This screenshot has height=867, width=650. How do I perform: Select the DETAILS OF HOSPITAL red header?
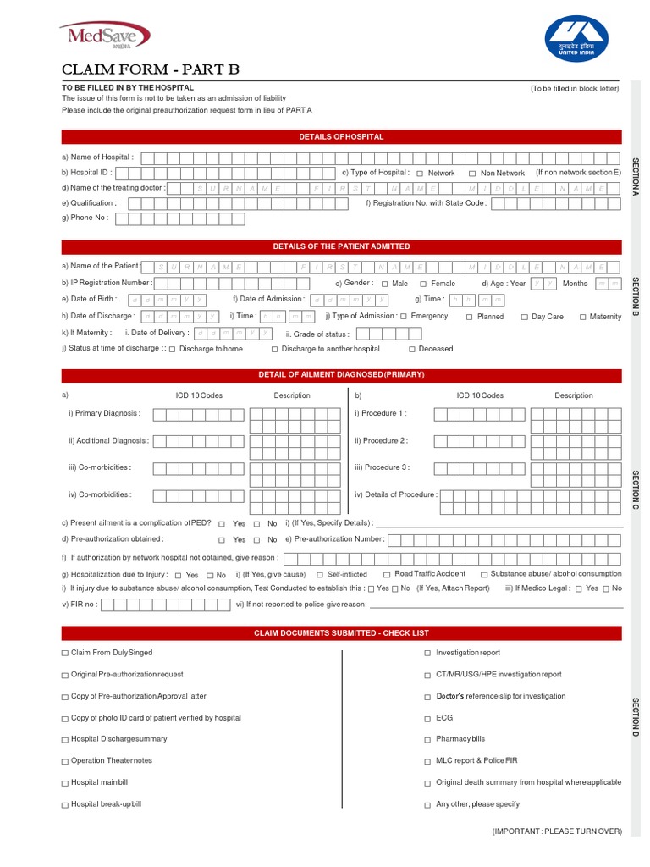point(341,136)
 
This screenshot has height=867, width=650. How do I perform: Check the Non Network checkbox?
point(472,174)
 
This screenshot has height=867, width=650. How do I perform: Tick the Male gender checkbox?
point(385,284)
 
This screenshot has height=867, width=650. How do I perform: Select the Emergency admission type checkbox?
point(404,317)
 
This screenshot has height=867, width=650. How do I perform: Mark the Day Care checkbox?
point(523,317)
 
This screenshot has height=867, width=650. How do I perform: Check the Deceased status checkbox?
point(412,349)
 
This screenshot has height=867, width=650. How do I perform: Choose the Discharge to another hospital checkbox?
point(275,349)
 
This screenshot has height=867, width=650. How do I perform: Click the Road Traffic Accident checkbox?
point(387,575)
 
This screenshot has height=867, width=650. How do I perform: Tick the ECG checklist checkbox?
point(427,718)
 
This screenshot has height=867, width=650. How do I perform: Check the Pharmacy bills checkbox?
point(427,739)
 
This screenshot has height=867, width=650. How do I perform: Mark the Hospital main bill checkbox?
point(65,783)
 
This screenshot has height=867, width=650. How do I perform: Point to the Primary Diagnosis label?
point(105,414)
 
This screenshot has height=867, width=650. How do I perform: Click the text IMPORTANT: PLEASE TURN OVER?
point(557,831)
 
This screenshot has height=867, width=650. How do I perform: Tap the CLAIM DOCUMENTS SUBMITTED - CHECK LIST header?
point(341,633)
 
